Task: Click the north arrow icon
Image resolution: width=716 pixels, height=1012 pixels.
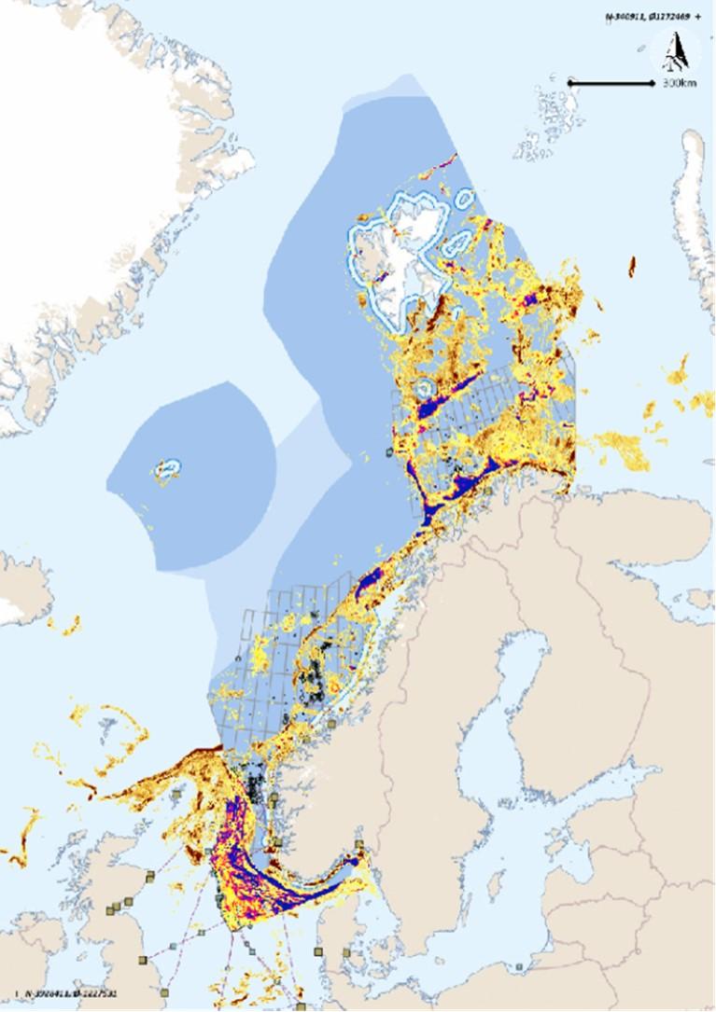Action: coord(673,51)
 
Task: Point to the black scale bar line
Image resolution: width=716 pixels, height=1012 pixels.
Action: coord(611,83)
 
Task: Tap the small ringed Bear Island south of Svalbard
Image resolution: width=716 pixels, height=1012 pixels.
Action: coord(426,386)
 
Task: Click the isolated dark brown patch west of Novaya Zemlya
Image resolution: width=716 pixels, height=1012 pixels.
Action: coord(633,266)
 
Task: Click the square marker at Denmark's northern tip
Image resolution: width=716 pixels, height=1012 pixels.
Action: coord(358,845)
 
